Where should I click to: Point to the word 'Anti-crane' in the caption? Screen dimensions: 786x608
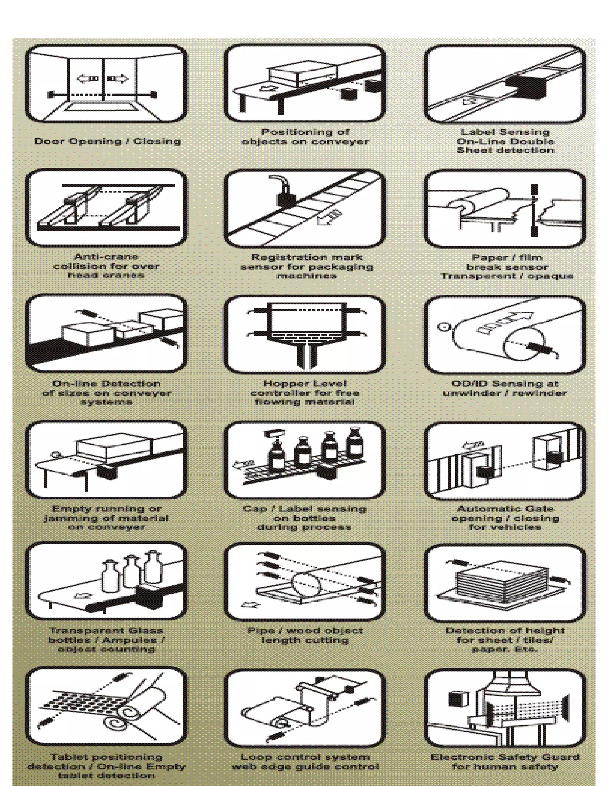[106, 257]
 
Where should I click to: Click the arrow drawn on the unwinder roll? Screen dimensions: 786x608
[504, 322]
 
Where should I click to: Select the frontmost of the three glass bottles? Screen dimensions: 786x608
[110, 577]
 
